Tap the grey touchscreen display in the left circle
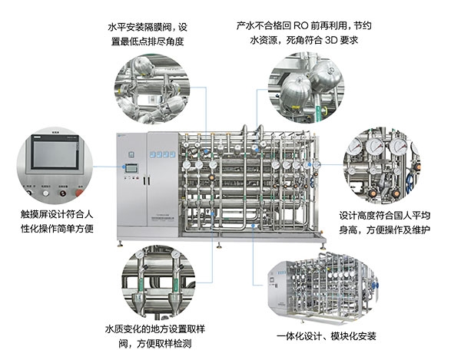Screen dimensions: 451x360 click(x=55, y=154)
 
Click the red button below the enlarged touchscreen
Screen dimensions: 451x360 click(x=79, y=193)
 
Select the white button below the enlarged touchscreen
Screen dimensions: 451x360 click(x=46, y=193)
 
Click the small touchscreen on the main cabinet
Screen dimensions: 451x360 click(x=131, y=167)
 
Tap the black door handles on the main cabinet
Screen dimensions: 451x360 click(x=147, y=180)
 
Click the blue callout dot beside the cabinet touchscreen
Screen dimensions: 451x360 click(x=124, y=167)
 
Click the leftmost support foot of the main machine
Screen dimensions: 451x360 click(x=120, y=244)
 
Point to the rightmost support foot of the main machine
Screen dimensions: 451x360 click(x=323, y=246)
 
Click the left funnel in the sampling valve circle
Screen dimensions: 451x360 click(x=138, y=301)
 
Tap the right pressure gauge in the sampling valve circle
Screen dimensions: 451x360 click(x=175, y=254)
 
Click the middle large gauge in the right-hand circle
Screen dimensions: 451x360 click(x=374, y=145)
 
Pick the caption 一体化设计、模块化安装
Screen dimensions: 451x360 click(x=327, y=336)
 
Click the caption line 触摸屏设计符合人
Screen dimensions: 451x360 click(x=57, y=214)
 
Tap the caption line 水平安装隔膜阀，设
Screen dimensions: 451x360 click(x=148, y=28)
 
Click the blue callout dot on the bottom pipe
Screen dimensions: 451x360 click(x=253, y=226)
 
